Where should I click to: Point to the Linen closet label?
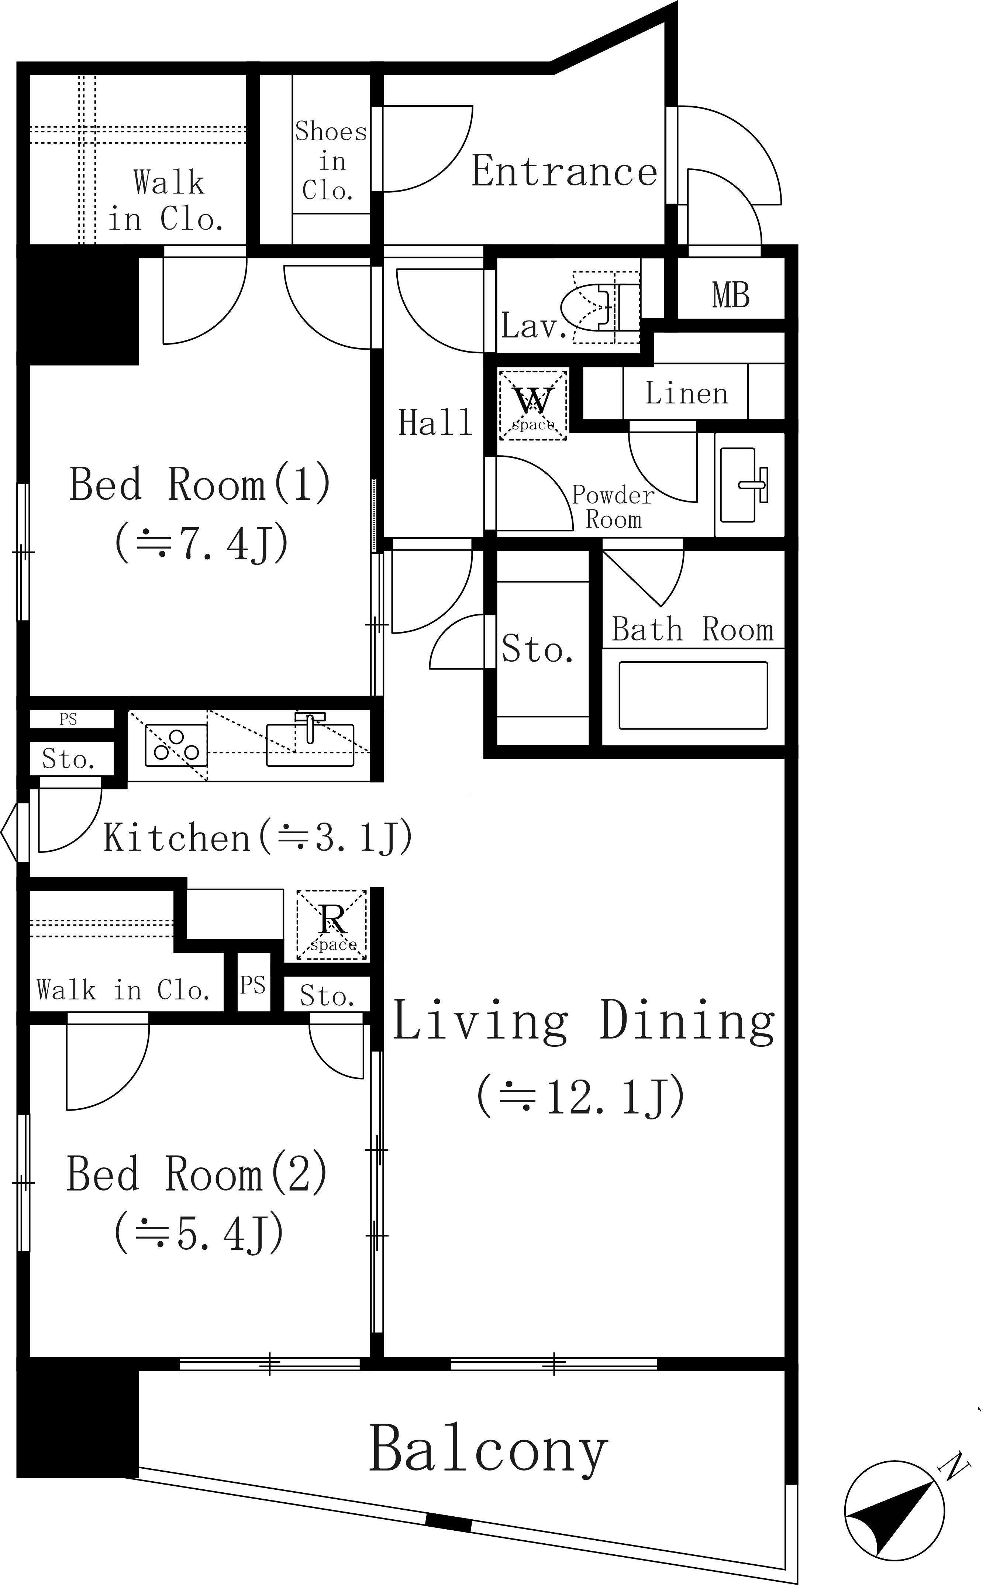pos(686,394)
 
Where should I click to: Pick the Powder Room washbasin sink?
pos(744,485)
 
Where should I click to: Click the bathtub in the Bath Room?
pos(693,695)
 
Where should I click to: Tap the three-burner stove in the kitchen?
pos(176,745)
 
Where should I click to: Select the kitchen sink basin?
pos(310,745)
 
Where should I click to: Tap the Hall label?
pos(435,422)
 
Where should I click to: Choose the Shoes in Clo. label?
pos(330,161)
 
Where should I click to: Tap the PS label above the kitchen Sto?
pos(68,720)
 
